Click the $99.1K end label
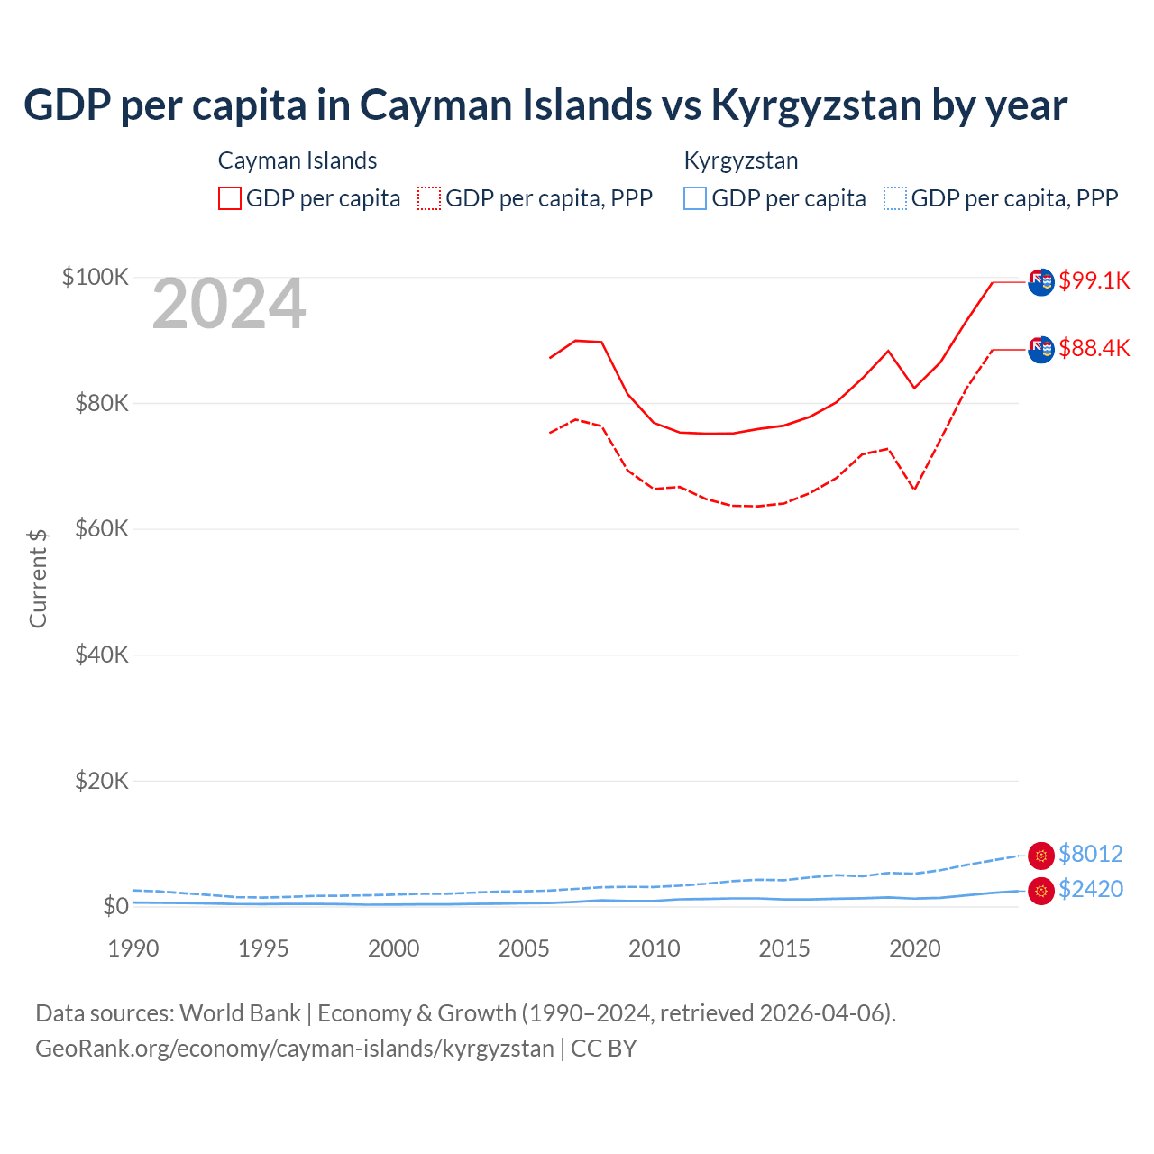pyautogui.click(x=1094, y=280)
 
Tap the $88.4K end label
pyautogui.click(x=1094, y=348)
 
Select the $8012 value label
pyautogui.click(x=1090, y=854)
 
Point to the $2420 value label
pyautogui.click(x=1090, y=889)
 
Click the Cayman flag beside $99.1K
pyautogui.click(x=1041, y=282)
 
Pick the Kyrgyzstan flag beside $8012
pyautogui.click(x=1041, y=856)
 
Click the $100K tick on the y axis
pyautogui.click(x=96, y=277)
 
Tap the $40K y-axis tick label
pyautogui.click(x=102, y=655)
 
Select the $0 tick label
pyautogui.click(x=115, y=906)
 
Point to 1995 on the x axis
pyautogui.click(x=263, y=948)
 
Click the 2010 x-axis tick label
pyautogui.click(x=655, y=948)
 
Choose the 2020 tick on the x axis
pyautogui.click(x=915, y=948)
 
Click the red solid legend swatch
pyautogui.click(x=230, y=198)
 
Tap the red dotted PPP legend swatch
pyautogui.click(x=429, y=198)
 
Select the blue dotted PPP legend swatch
pyautogui.click(x=895, y=198)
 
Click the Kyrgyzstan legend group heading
pyautogui.click(x=741, y=160)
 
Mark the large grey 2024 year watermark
pyautogui.click(x=229, y=305)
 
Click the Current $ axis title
pyautogui.click(x=38, y=578)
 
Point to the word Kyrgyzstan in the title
pyautogui.click(x=815, y=105)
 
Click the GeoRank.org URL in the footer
pyautogui.click(x=295, y=1049)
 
